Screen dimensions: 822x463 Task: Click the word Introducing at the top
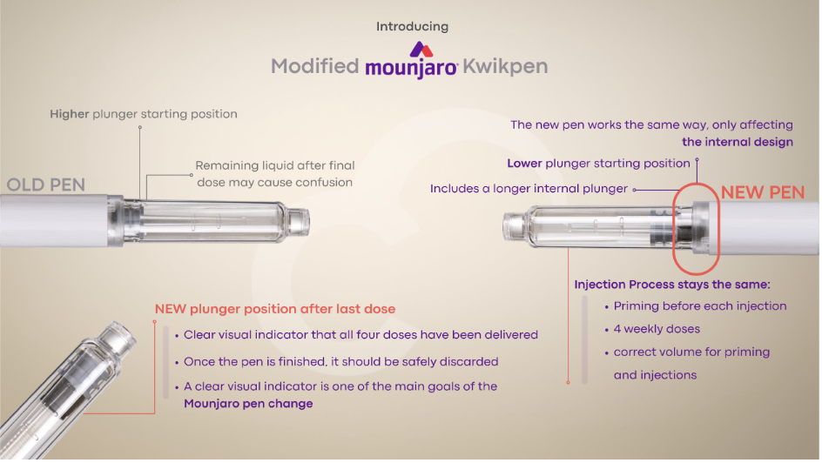click(412, 27)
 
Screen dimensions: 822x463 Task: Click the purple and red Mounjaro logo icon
click(421, 50)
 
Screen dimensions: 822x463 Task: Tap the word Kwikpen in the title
click(505, 67)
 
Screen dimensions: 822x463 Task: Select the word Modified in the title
click(314, 66)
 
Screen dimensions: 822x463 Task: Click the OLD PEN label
click(45, 185)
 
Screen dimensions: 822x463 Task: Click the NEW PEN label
click(763, 192)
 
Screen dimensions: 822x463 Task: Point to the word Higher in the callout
click(69, 114)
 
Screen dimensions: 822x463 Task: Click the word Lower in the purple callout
click(524, 164)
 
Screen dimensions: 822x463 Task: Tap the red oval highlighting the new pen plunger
click(675, 229)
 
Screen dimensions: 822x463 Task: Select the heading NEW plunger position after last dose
click(274, 309)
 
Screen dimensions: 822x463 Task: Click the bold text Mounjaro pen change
click(248, 404)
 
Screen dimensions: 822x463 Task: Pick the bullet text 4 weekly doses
click(657, 329)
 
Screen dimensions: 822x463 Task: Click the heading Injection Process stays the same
click(672, 285)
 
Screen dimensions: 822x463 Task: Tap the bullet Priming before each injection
click(700, 305)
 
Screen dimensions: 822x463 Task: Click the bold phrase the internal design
click(737, 142)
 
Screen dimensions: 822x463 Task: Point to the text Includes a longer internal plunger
click(529, 189)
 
